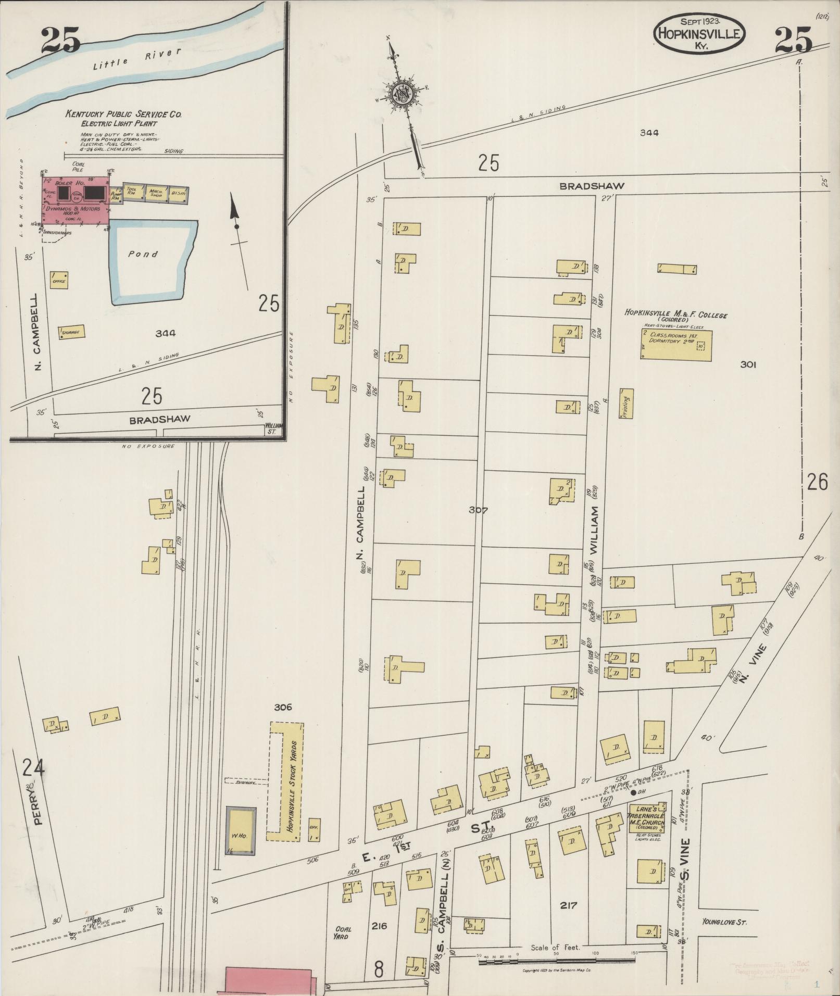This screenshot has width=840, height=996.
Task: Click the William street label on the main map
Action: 594,531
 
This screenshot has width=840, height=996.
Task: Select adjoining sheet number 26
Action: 817,483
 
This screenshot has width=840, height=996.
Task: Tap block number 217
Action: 568,905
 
